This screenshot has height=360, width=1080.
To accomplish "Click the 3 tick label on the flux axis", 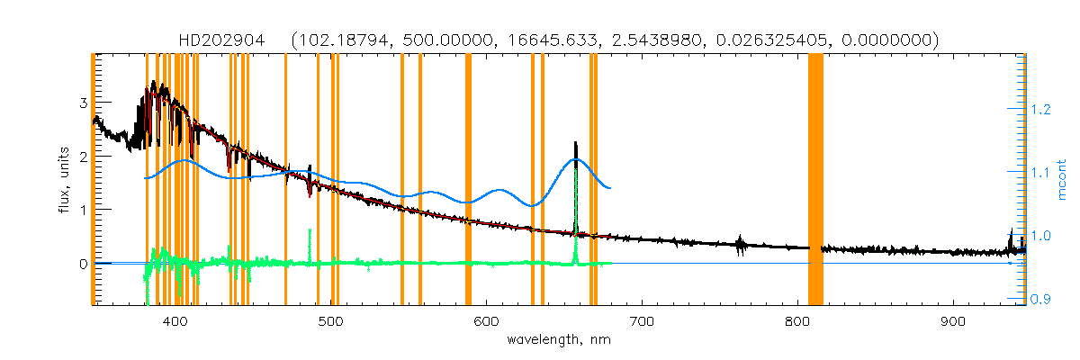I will pos(83,103).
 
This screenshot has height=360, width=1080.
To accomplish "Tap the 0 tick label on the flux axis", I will pos(83,264).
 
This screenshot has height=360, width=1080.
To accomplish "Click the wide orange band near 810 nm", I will pos(815,180).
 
